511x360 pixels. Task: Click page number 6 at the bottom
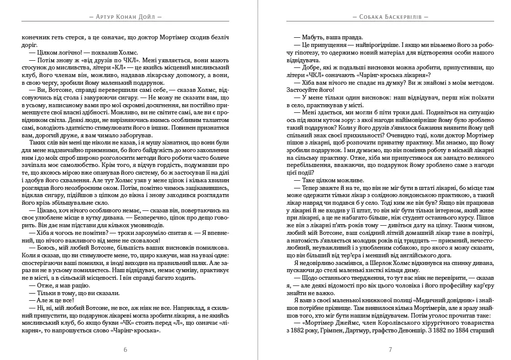(126, 350)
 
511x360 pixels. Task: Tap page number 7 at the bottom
(390, 350)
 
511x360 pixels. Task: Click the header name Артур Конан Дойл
(125, 16)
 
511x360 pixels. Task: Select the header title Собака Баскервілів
(390, 16)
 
